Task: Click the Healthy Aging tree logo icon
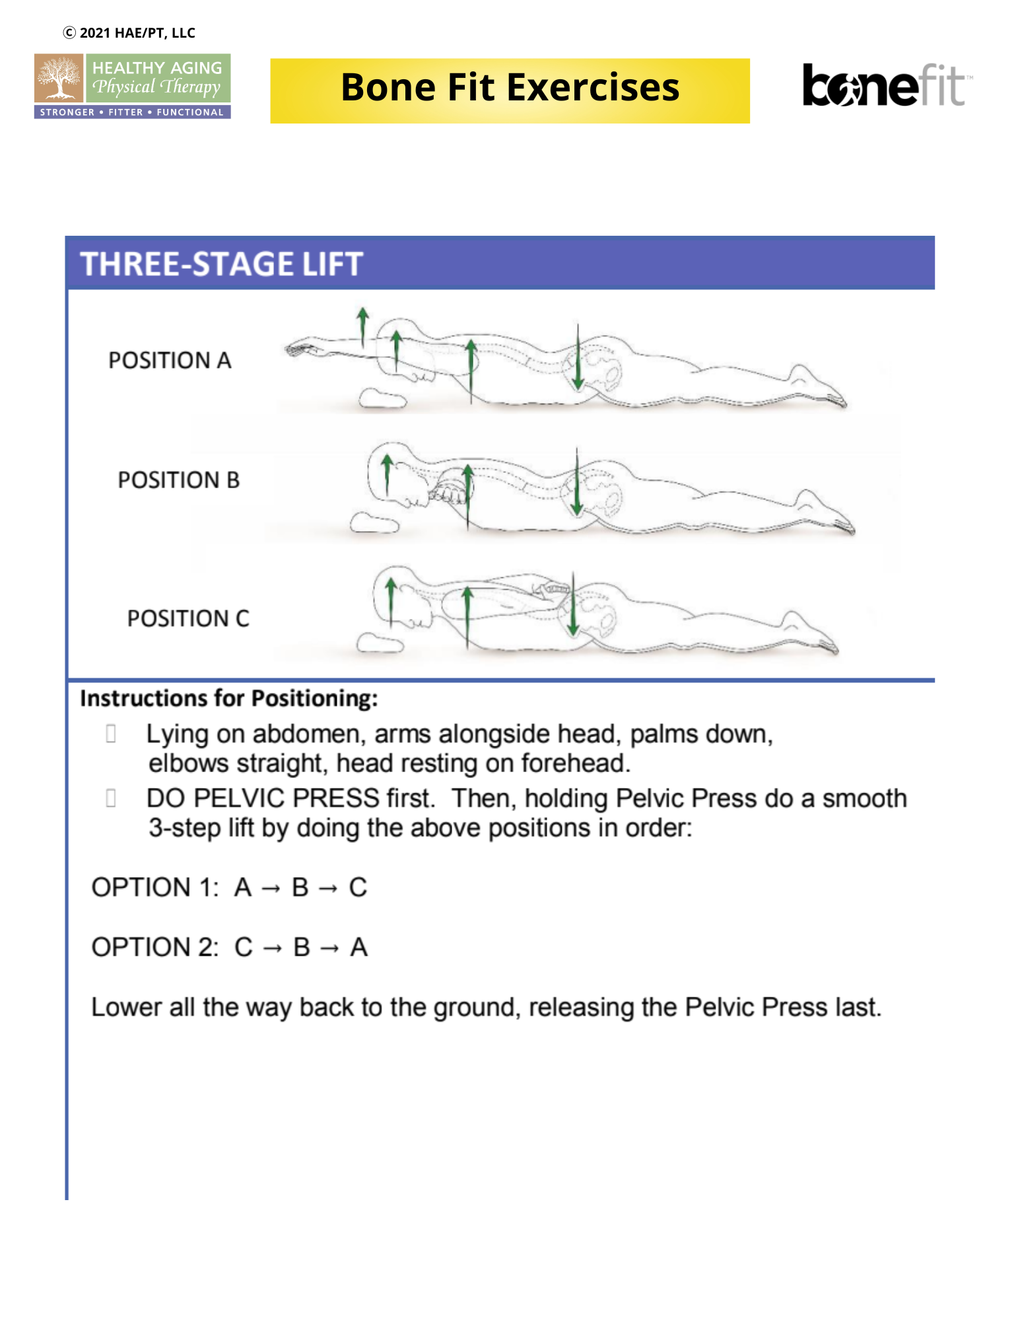pyautogui.click(x=59, y=79)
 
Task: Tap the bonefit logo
pyautogui.click(x=885, y=86)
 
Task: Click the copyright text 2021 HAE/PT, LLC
pyautogui.click(x=129, y=33)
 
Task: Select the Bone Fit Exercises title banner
pyautogui.click(x=510, y=90)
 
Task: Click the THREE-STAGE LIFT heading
pyautogui.click(x=222, y=264)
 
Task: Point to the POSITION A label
pyautogui.click(x=170, y=361)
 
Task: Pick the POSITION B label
pyautogui.click(x=178, y=480)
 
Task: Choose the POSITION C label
pyautogui.click(x=188, y=619)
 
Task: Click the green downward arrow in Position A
pyautogui.click(x=578, y=360)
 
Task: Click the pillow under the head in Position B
pyautogui.click(x=374, y=524)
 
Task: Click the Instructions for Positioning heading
pyautogui.click(x=228, y=699)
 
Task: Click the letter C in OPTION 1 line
pyautogui.click(x=358, y=888)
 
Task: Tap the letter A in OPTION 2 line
pyautogui.click(x=358, y=948)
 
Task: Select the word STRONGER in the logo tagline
pyautogui.click(x=67, y=112)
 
